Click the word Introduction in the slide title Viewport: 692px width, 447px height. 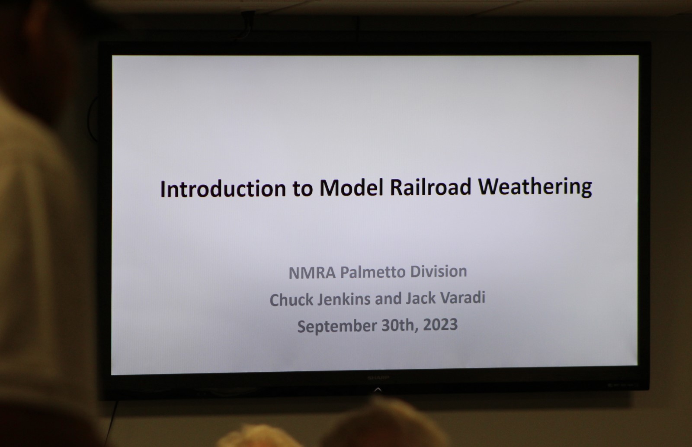pyautogui.click(x=223, y=189)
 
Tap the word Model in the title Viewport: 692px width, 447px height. pyautogui.click(x=351, y=188)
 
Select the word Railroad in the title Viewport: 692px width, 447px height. pyautogui.click(x=430, y=187)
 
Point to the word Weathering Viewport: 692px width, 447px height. pyautogui.click(x=535, y=187)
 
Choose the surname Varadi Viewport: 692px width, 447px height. pyautogui.click(x=463, y=298)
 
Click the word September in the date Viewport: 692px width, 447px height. pyautogui.click(x=337, y=326)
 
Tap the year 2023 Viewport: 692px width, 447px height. pyautogui.click(x=440, y=325)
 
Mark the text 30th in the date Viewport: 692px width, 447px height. pyautogui.click(x=400, y=325)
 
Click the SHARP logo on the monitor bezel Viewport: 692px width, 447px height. pyautogui.click(x=378, y=378)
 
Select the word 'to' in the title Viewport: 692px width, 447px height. pyautogui.click(x=303, y=188)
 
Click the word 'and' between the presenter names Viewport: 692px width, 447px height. pyautogui.click(x=388, y=299)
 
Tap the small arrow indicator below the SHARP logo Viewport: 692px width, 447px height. pyautogui.click(x=378, y=389)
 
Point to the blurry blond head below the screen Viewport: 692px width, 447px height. pyautogui.click(x=259, y=437)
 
